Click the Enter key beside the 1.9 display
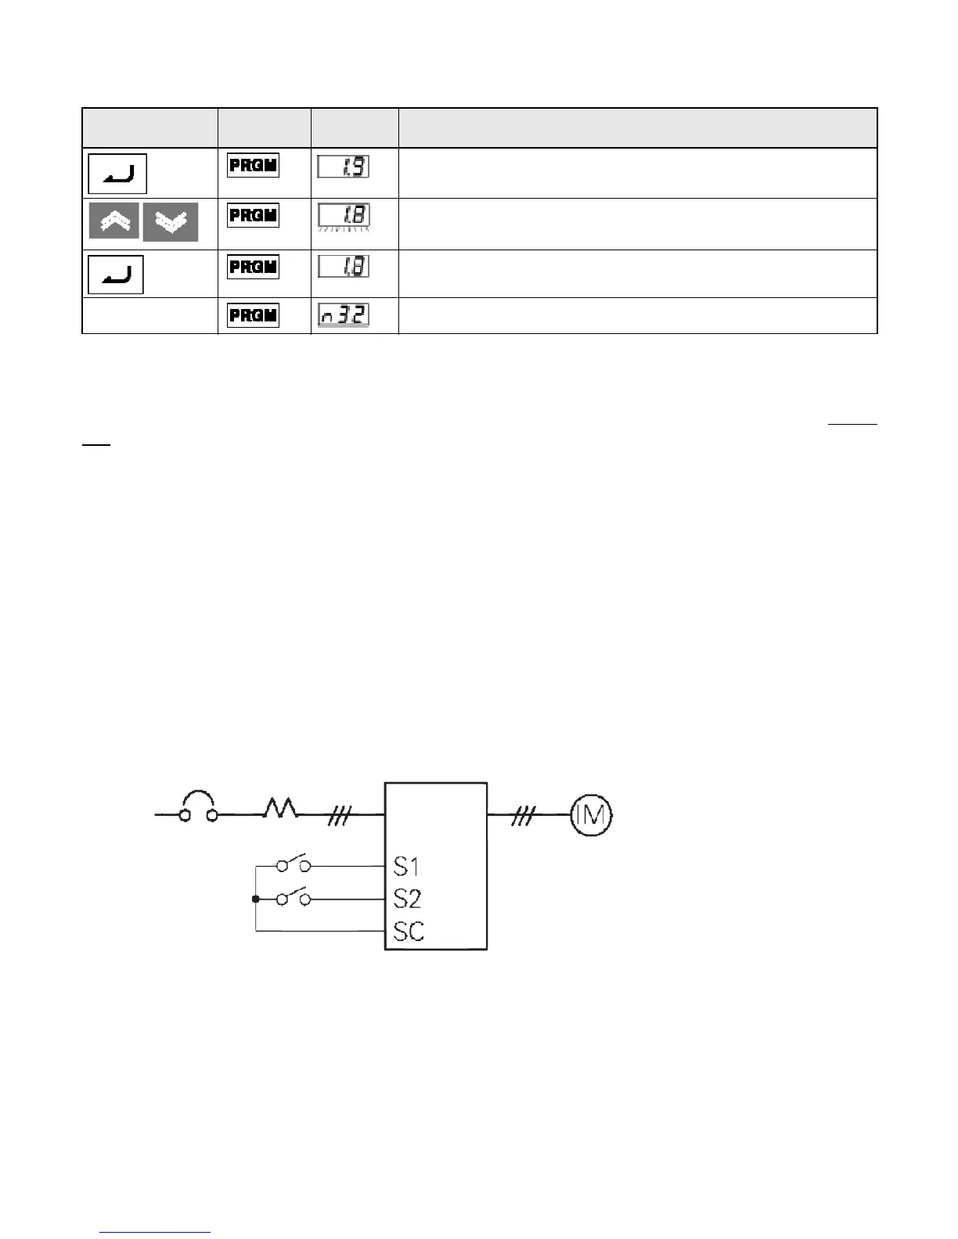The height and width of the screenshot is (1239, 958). point(117,174)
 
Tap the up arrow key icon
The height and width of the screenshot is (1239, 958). point(114,221)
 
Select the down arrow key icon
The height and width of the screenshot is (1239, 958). point(171,222)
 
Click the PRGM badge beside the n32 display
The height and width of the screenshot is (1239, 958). point(253,315)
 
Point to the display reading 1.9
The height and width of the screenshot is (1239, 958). point(344,167)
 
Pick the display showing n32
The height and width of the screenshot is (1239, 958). point(344,315)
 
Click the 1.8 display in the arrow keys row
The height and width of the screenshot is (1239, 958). point(344,216)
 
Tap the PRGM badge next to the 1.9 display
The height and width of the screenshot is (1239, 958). point(253,166)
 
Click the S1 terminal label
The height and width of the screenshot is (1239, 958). point(406,866)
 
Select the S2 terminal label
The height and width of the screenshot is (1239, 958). point(407,899)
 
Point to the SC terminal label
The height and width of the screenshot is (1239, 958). point(409,932)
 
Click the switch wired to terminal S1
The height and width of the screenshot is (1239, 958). point(293,864)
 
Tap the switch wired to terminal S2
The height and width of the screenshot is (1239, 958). point(293,898)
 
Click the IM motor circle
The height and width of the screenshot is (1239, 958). point(591,815)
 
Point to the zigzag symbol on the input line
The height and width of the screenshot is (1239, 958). point(280,809)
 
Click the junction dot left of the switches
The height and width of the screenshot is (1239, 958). point(256,900)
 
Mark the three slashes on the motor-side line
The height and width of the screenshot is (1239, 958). point(523,816)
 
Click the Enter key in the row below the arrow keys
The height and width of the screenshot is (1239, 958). point(116,274)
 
